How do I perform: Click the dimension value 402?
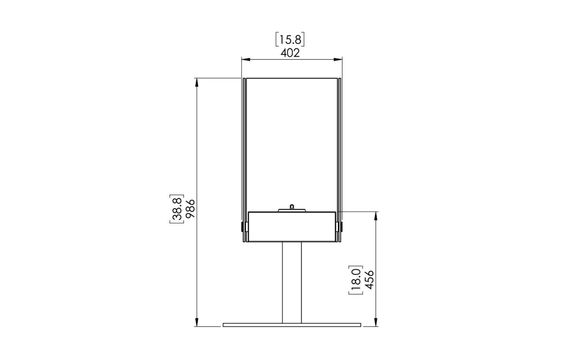coord(290,53)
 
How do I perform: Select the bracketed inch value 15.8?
coord(290,40)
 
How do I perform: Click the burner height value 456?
coord(370,280)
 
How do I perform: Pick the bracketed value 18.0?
coord(356,280)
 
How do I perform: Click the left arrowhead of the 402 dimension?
coord(245,59)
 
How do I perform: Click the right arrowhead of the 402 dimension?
coord(338,59)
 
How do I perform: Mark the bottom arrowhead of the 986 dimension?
coord(197,323)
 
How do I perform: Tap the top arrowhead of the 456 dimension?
coord(376,215)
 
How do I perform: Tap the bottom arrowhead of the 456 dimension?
coord(376,323)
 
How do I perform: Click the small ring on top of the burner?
coord(292,207)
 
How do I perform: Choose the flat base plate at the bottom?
coord(292,325)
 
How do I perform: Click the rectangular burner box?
coord(292,227)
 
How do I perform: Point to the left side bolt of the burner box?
coord(242,227)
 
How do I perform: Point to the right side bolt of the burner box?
coord(341,227)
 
